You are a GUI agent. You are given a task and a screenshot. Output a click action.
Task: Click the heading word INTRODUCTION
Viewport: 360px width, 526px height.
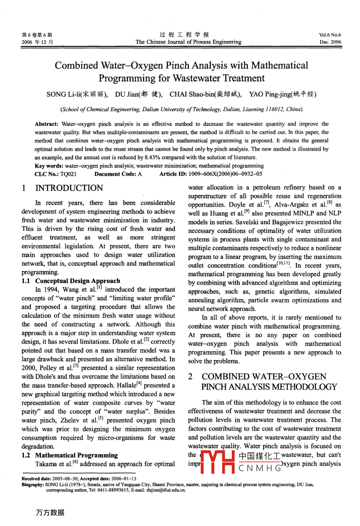[69, 188]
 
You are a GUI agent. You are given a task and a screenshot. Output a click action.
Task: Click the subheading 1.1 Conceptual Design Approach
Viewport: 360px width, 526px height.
[71, 281]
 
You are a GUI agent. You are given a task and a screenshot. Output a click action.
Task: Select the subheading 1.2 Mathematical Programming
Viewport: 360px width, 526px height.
[70, 455]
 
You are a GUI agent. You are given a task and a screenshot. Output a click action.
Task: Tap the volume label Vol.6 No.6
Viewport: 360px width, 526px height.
[330, 35]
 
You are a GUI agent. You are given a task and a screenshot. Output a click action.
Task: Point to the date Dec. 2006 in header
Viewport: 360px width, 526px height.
[331, 42]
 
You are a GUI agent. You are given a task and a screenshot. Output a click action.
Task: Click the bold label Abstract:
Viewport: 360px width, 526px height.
[47, 124]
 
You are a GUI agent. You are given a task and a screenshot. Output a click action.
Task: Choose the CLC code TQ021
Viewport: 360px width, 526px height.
[68, 174]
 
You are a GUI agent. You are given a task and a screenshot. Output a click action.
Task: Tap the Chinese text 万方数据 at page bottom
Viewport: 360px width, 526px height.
[50, 512]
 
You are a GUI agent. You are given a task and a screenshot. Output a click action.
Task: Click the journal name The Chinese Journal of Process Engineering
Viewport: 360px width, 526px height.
[188, 42]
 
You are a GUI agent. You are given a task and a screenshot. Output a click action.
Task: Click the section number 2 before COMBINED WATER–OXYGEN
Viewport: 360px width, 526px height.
[191, 377]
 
